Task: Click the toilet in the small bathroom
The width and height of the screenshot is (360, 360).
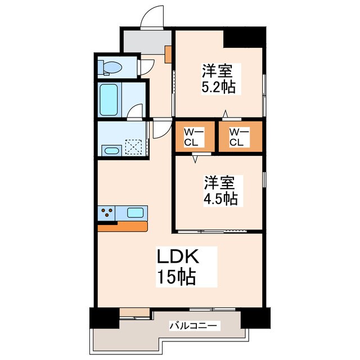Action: (x=111, y=68)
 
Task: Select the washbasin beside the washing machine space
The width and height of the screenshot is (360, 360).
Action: (x=111, y=150)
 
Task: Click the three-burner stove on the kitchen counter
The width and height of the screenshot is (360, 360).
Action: (x=109, y=213)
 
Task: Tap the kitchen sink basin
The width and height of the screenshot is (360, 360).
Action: (x=135, y=213)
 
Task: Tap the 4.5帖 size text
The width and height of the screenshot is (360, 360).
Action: (x=220, y=198)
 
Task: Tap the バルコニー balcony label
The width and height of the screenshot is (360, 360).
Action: (x=195, y=326)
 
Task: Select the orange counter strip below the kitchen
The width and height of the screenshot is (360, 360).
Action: (x=122, y=226)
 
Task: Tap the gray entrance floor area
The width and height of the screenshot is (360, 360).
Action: (x=145, y=40)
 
